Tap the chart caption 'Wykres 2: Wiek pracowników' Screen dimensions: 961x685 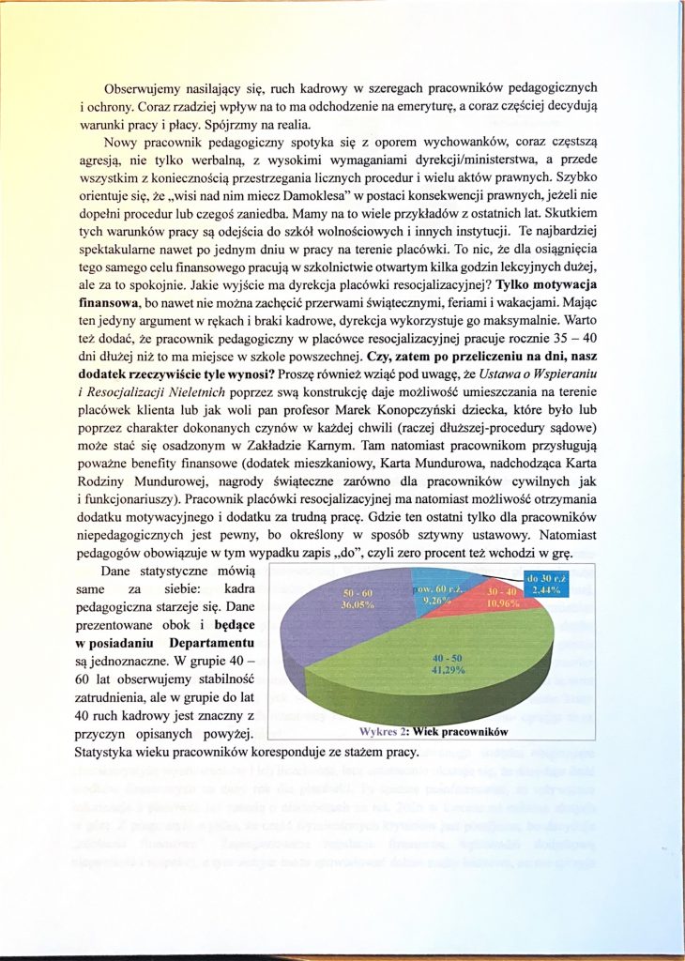pos(433,730)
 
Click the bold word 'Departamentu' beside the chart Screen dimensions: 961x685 pos(212,643)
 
